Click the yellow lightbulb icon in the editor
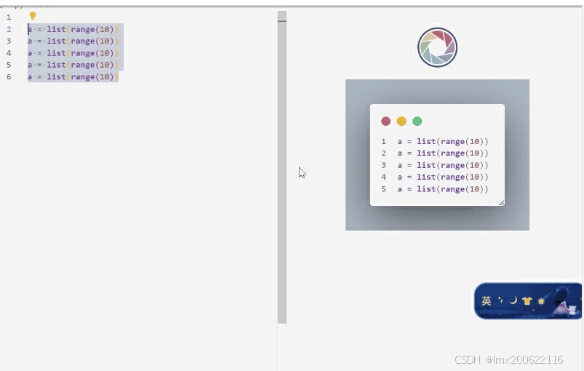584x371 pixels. pos(33,15)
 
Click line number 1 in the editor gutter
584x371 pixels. pos(9,17)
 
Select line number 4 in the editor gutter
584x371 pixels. pos(9,53)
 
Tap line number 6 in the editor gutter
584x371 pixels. pos(9,77)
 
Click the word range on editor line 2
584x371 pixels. pos(82,29)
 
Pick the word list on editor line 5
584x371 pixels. pos(56,65)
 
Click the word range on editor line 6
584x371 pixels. pos(82,77)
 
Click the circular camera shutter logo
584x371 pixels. pos(437,48)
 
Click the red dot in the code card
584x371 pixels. pos(385,121)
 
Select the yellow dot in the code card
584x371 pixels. pos(401,121)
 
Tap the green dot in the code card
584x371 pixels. pos(417,121)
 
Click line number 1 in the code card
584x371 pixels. pos(383,141)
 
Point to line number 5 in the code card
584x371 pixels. pos(383,189)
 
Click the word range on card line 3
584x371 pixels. pos(451,165)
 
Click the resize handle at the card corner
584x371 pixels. pos(501,202)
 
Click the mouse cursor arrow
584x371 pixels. pos(302,172)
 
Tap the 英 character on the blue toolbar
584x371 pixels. pos(487,300)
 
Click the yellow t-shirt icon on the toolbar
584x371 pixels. pos(527,300)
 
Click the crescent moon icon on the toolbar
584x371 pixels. pos(513,300)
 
